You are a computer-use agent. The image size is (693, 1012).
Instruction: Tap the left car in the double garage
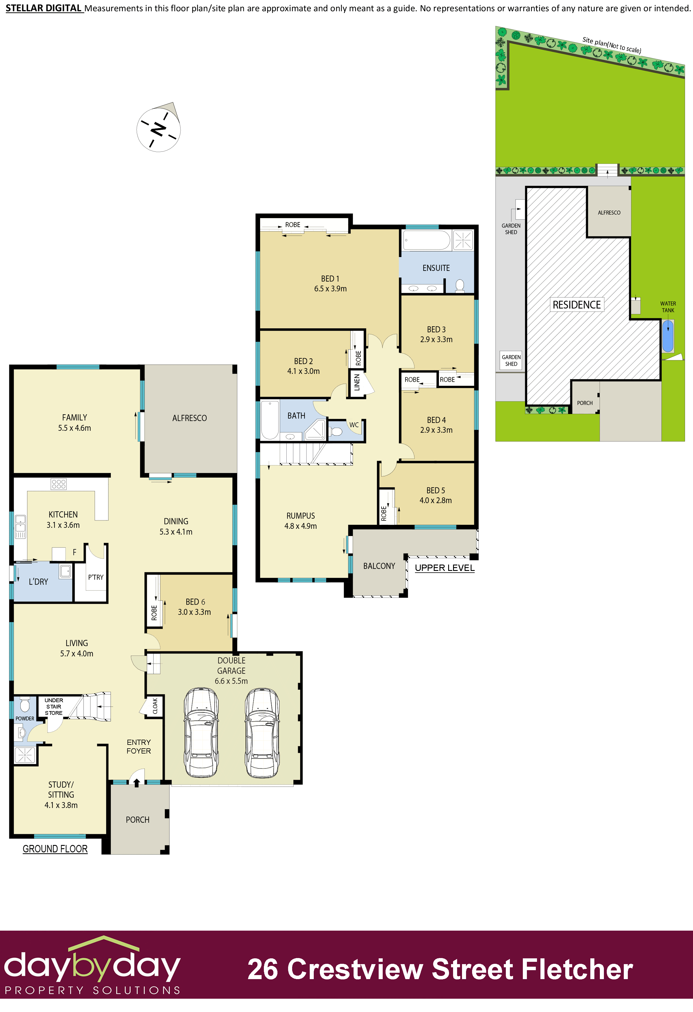[x=201, y=732]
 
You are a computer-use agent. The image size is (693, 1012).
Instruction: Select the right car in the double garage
[x=262, y=732]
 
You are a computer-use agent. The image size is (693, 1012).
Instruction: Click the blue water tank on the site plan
[x=668, y=336]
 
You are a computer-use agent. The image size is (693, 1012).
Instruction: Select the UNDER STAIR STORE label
[x=54, y=707]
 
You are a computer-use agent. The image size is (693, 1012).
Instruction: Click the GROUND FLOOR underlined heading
[x=55, y=849]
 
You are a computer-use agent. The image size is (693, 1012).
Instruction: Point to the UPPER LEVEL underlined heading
[x=444, y=568]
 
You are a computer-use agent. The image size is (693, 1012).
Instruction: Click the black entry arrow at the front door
[x=137, y=783]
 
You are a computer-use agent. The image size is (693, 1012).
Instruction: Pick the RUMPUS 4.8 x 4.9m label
[x=301, y=521]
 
